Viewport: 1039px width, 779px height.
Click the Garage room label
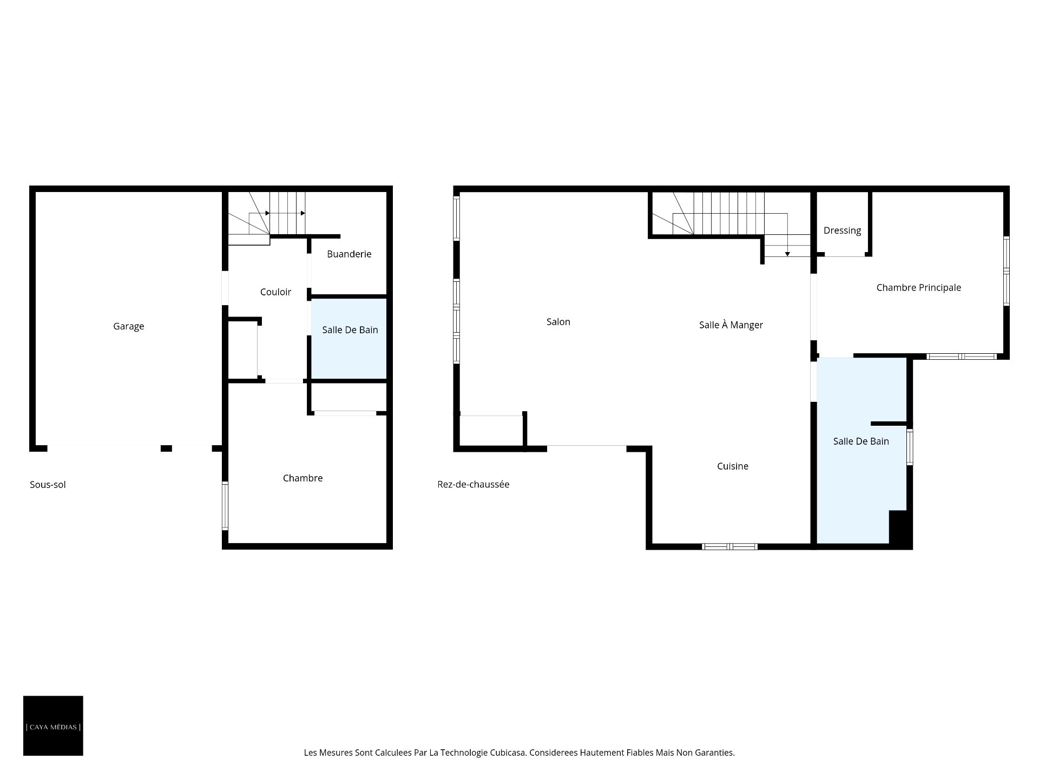click(x=128, y=326)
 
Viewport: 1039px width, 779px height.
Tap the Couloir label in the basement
click(x=275, y=292)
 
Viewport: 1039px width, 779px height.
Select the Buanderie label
click(x=349, y=254)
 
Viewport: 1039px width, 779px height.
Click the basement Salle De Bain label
click(x=350, y=330)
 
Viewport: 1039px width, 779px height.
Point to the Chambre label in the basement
click(x=303, y=478)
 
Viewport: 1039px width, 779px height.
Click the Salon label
click(x=558, y=322)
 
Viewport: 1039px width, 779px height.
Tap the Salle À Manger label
click(x=731, y=325)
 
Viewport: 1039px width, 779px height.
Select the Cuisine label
click(x=732, y=466)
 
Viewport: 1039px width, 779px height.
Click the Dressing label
click(x=842, y=230)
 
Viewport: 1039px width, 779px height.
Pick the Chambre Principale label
click(x=918, y=288)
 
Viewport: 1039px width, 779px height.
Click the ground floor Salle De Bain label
click(x=860, y=441)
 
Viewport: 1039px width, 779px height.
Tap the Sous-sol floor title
click(x=48, y=485)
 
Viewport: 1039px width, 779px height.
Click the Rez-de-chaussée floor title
click(x=473, y=485)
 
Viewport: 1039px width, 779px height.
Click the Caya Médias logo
click(x=53, y=725)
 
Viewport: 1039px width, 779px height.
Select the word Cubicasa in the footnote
click(x=508, y=752)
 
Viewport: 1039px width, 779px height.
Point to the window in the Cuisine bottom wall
click(x=729, y=546)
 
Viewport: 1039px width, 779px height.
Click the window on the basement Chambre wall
click(x=225, y=506)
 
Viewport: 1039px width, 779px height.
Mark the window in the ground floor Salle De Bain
click(x=910, y=447)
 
